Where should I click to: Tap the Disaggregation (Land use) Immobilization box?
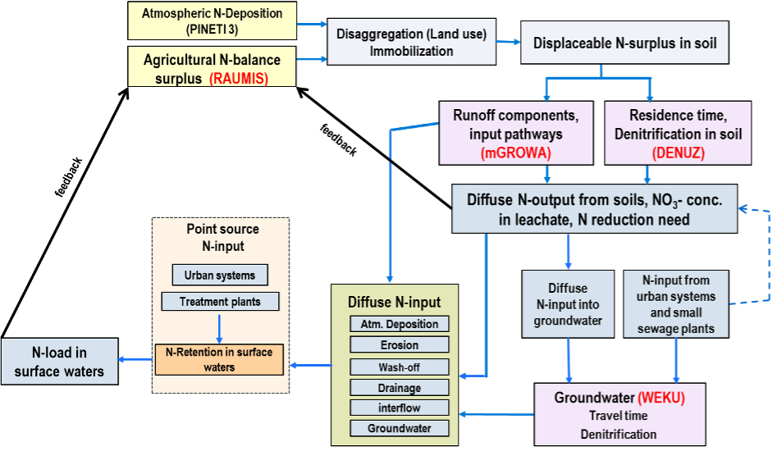click(411, 43)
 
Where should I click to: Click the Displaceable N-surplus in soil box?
click(624, 43)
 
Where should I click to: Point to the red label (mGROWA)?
click(516, 152)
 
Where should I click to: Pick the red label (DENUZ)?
click(678, 152)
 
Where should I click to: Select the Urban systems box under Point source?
click(219, 276)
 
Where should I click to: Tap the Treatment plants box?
click(219, 302)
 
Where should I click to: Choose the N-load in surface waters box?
click(58, 362)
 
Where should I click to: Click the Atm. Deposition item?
click(399, 324)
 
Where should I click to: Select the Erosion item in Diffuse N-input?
click(399, 345)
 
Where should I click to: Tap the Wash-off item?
click(399, 367)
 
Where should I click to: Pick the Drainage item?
click(399, 387)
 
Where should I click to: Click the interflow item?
click(399, 408)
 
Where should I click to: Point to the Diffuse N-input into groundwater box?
click(567, 303)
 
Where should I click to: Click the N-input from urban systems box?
click(675, 304)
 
